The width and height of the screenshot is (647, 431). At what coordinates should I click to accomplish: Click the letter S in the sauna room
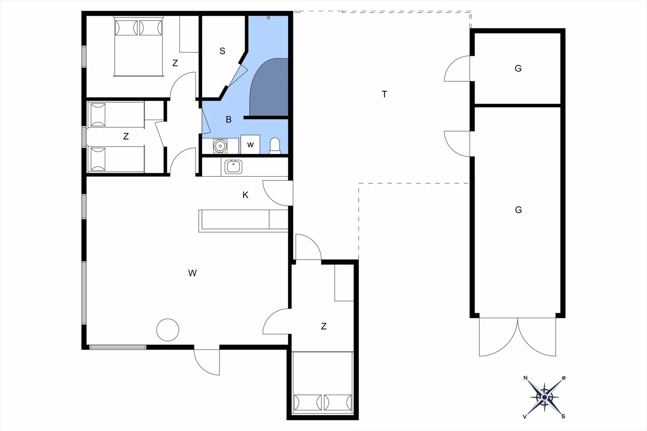[x=222, y=51]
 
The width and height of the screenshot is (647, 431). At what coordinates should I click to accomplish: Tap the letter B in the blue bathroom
[x=228, y=120]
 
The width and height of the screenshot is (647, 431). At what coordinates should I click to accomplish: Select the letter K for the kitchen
[x=245, y=195]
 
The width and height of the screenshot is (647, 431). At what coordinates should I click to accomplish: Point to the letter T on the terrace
[x=384, y=94]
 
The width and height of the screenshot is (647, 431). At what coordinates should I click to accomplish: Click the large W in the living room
[x=192, y=273]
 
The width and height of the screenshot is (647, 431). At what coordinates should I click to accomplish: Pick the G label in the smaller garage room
[x=518, y=69]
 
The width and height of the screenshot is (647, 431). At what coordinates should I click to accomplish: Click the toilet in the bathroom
[x=275, y=146]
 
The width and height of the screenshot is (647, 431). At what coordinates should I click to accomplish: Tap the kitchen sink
[x=233, y=167]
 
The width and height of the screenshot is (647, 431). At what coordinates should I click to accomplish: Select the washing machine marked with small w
[x=250, y=144]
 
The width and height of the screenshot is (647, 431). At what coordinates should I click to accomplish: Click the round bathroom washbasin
[x=220, y=146]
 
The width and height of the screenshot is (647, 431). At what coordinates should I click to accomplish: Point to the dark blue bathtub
[x=269, y=87]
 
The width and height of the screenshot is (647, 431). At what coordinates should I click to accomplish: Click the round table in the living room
[x=167, y=330]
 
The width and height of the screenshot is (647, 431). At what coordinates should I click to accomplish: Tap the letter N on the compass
[x=525, y=378]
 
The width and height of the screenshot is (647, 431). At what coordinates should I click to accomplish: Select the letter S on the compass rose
[x=563, y=417]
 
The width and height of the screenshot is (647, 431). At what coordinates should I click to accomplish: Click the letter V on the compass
[x=525, y=417]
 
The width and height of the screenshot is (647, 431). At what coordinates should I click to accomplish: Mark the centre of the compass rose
[x=544, y=397]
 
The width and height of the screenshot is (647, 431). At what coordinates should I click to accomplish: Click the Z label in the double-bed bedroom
[x=175, y=63]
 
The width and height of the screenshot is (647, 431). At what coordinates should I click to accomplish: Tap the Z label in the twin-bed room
[x=126, y=136]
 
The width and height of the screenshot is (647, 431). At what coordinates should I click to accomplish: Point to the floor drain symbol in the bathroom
[x=269, y=18]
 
